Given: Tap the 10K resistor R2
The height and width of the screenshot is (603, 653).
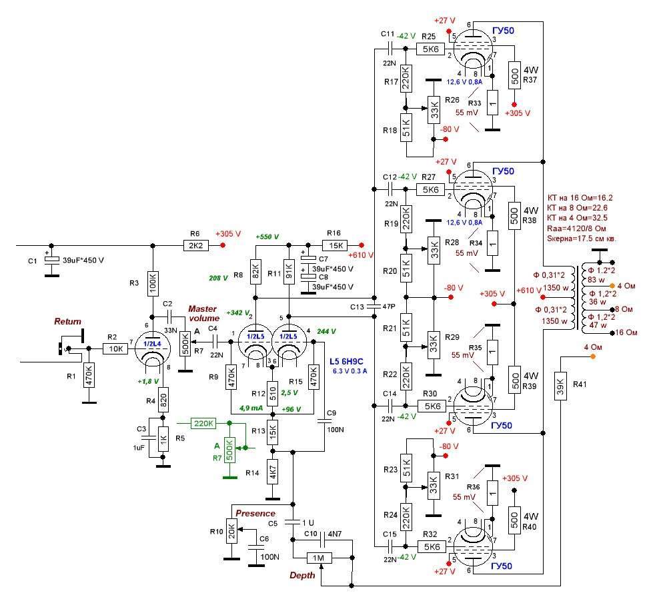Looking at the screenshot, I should coord(116,348).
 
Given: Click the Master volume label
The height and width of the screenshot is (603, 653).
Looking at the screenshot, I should coord(203,313).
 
